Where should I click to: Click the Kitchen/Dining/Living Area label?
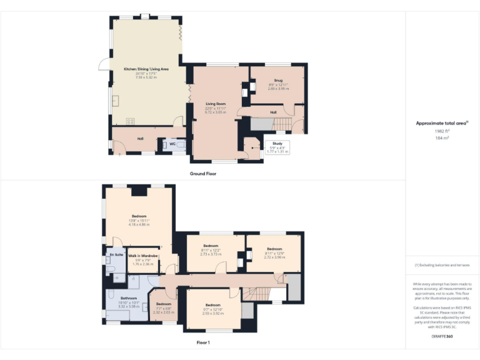(x=146, y=69)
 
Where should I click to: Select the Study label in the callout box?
(x=277, y=143)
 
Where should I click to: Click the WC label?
(x=172, y=144)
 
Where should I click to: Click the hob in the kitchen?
(x=131, y=121)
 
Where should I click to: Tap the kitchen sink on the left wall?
(x=114, y=101)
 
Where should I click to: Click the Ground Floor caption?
(x=203, y=173)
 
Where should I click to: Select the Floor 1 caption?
(x=203, y=342)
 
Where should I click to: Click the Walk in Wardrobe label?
(x=143, y=256)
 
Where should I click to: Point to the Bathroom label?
(x=129, y=299)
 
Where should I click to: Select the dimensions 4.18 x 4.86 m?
(x=139, y=224)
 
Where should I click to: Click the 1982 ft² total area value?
(x=442, y=131)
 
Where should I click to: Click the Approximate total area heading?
(x=442, y=123)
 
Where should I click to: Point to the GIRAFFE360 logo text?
(x=442, y=337)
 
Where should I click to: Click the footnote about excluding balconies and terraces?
(x=442, y=266)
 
